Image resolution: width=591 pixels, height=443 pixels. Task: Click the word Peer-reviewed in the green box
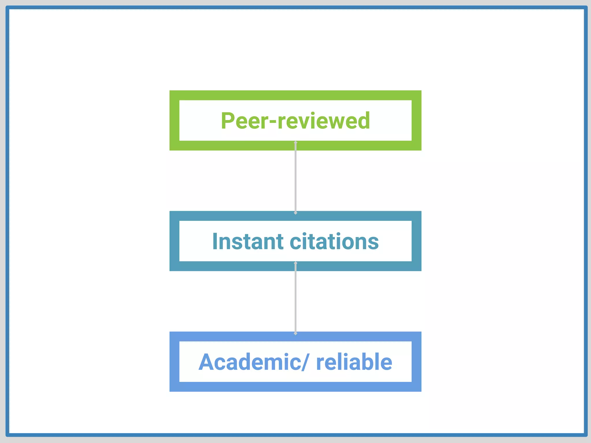(x=295, y=121)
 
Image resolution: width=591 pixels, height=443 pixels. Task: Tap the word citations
(x=334, y=241)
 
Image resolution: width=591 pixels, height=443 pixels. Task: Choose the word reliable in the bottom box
(x=354, y=362)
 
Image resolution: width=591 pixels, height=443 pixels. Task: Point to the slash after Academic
(x=305, y=362)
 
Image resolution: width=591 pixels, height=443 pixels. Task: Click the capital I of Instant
(x=215, y=241)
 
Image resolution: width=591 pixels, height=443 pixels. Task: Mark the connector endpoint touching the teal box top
(x=295, y=213)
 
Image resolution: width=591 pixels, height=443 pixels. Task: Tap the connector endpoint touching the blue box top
(x=295, y=333)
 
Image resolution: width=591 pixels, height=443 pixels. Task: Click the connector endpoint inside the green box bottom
(x=295, y=142)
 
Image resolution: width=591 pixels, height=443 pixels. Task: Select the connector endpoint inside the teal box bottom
(x=295, y=263)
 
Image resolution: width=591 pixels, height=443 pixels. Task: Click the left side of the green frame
(x=174, y=121)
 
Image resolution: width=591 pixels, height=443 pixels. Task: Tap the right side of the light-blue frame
(x=416, y=362)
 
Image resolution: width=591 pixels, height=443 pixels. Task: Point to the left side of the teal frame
(x=174, y=241)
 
